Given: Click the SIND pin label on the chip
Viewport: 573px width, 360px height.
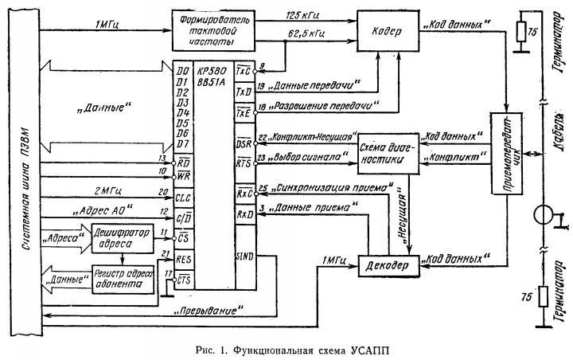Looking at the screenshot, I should pyautogui.click(x=244, y=256).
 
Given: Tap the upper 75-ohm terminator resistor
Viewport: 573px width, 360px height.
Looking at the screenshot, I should pyautogui.click(x=521, y=32).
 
